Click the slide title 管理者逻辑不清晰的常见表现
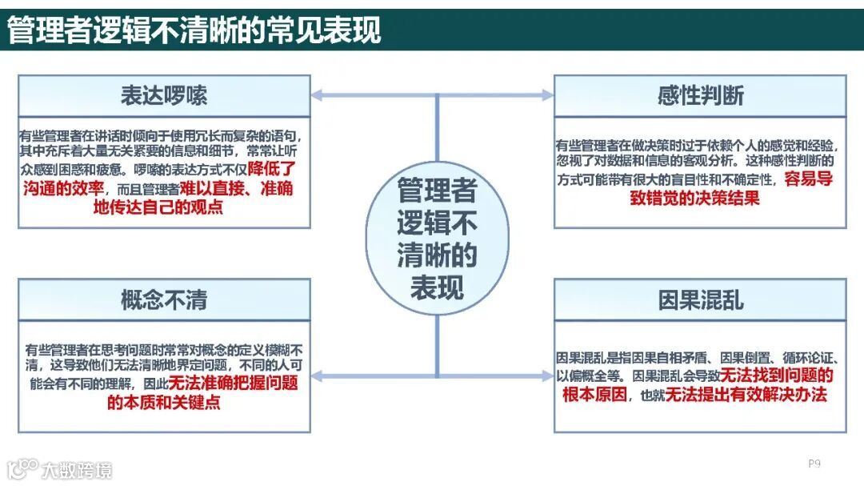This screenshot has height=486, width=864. click(194, 30)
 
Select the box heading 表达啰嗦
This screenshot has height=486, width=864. click(164, 95)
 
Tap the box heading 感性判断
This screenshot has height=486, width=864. click(700, 95)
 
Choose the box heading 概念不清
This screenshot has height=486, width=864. click(164, 299)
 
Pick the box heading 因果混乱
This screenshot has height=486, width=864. click(700, 299)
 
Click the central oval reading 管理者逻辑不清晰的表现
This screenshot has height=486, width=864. click(437, 239)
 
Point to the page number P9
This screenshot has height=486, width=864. click(814, 463)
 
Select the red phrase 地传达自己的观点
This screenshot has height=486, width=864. click(158, 207)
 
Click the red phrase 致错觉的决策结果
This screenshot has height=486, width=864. click(694, 198)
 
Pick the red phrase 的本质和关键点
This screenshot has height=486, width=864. click(163, 401)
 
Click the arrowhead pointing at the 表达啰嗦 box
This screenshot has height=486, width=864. click(317, 95)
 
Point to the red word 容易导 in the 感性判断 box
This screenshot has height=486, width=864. click(808, 179)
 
